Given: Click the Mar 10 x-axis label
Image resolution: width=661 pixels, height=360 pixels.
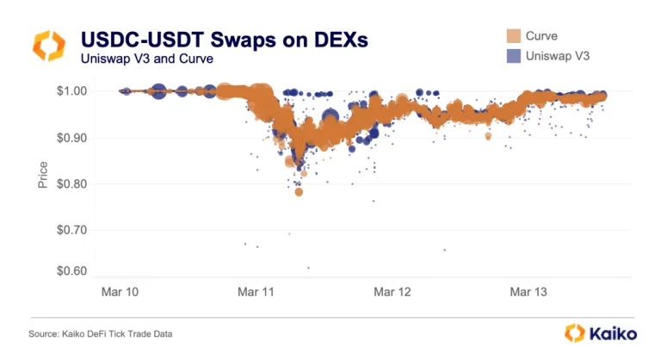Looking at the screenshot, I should tap(122, 293).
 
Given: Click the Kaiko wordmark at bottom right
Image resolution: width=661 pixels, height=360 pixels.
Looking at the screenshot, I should tap(613, 332).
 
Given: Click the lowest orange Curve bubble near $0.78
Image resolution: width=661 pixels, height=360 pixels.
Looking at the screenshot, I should tap(299, 192).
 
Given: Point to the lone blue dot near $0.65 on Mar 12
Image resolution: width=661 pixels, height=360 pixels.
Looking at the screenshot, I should tap(444, 250).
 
